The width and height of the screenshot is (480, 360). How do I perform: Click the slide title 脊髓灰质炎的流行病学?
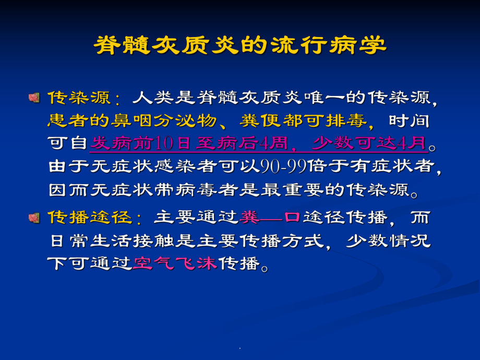[240, 46]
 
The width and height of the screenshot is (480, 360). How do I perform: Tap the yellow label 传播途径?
[92, 217]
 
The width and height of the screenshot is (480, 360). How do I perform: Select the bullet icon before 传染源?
[34, 97]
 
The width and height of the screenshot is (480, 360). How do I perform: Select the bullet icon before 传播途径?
[34, 217]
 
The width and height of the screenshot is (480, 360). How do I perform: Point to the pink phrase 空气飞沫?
[175, 263]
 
